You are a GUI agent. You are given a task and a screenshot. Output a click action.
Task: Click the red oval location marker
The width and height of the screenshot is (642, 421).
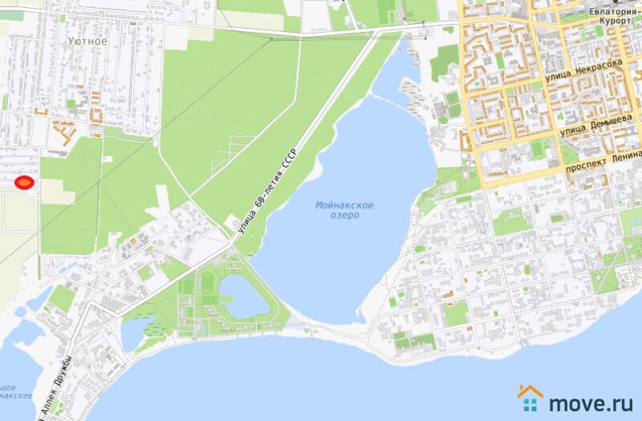(24, 184)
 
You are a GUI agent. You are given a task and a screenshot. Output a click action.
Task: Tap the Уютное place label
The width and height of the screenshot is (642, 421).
(87, 40)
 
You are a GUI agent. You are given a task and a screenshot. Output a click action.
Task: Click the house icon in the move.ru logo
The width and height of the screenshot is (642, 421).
(530, 396)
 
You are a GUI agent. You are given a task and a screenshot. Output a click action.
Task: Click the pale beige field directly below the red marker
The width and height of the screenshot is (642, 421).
(19, 213)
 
